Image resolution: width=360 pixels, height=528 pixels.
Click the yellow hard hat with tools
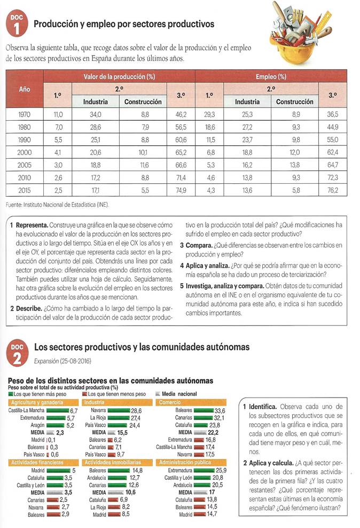(304, 30)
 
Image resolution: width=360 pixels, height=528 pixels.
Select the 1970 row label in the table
(25, 114)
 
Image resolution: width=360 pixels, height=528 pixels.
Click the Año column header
(25, 89)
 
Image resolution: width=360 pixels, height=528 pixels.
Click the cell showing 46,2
(180, 114)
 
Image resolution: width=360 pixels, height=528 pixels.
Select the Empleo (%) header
(271, 76)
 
